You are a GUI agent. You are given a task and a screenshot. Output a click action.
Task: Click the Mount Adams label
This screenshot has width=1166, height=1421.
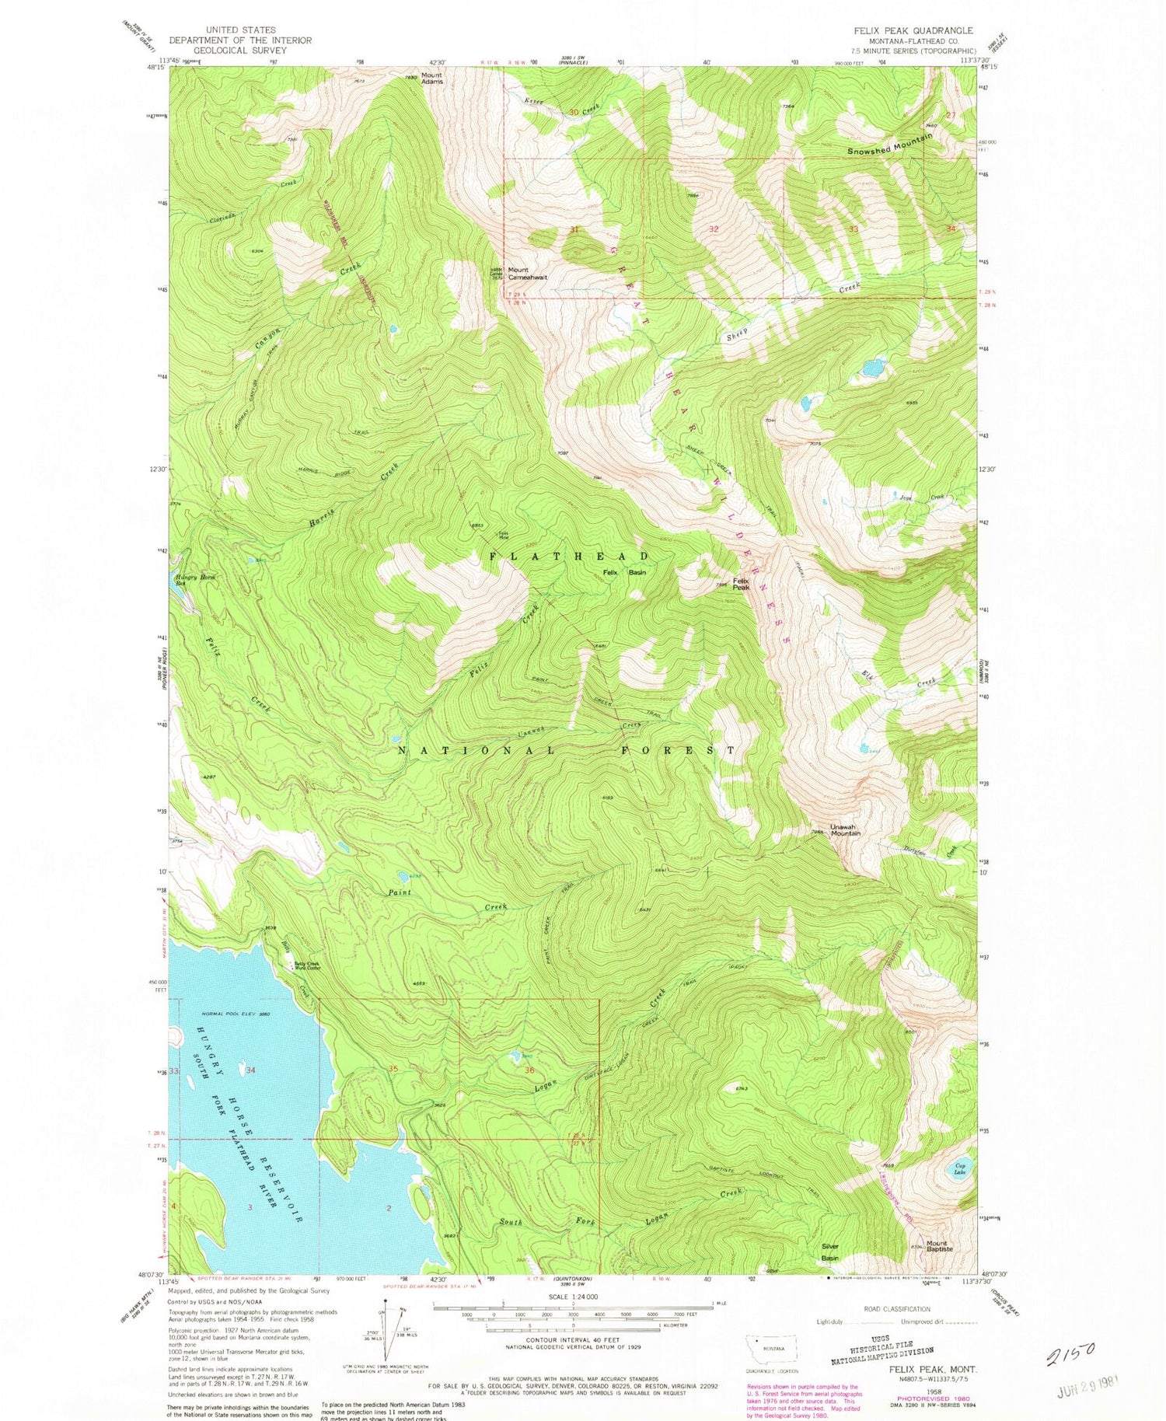click(431, 78)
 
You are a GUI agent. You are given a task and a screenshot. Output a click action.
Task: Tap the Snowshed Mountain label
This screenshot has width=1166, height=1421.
click(889, 144)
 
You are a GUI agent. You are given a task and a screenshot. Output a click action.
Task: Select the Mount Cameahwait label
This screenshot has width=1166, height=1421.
click(528, 274)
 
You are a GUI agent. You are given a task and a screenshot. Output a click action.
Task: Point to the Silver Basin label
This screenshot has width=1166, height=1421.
click(830, 1252)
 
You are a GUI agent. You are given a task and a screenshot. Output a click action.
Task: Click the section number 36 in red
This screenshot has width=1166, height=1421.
click(530, 1070)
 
